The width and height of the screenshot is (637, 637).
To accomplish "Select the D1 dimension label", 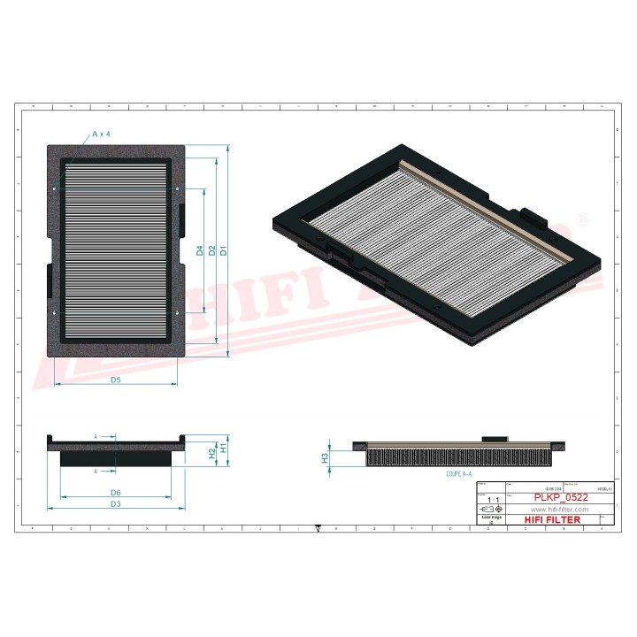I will [x=224, y=250].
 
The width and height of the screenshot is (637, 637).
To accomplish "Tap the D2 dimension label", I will [x=212, y=250].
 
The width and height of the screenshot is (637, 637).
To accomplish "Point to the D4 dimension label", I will [x=200, y=250].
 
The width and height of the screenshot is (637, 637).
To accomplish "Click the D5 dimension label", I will [x=116, y=380].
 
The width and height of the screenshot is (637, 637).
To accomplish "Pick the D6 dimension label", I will [x=116, y=492].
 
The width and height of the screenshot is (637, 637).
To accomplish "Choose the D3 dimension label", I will [x=116, y=504].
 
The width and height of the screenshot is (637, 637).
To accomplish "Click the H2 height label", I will [x=211, y=453].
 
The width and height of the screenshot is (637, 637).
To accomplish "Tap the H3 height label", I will [x=325, y=457].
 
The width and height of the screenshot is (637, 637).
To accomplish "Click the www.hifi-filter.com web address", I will [x=558, y=510].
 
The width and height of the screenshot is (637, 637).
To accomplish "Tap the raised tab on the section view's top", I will [x=495, y=439].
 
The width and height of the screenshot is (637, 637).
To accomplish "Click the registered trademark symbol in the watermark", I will [x=582, y=218].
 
